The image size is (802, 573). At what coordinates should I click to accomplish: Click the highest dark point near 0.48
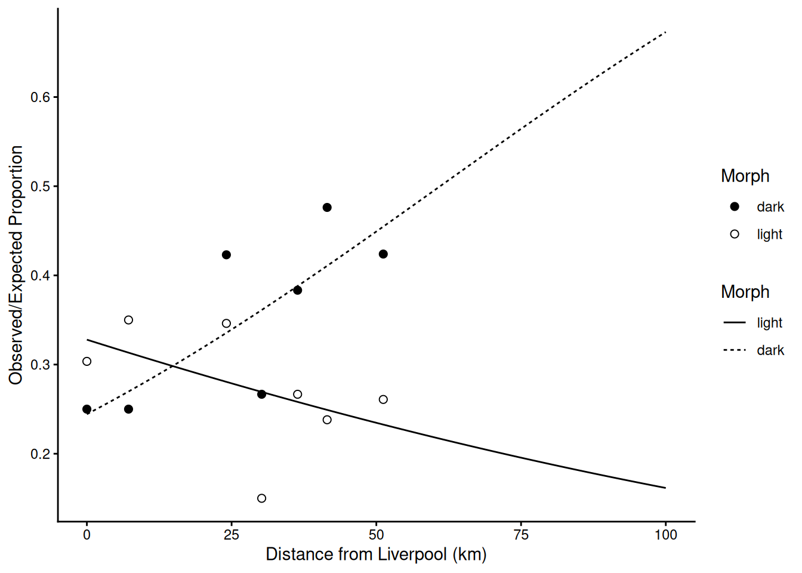tap(327, 208)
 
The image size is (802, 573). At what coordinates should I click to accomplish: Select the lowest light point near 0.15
tap(261, 498)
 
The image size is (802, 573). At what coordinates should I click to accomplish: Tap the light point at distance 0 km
tap(87, 361)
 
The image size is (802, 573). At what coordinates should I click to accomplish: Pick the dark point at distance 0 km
tap(87, 409)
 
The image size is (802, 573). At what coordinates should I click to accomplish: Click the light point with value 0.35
tap(128, 320)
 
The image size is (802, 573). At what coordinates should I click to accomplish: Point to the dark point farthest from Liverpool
tap(383, 254)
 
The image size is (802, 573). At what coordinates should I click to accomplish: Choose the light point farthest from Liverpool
tap(383, 399)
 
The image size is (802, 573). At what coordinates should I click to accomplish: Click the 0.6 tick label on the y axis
tap(41, 97)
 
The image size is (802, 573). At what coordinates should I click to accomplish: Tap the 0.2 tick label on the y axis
tap(41, 454)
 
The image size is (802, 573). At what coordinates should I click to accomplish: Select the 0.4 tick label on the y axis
tap(41, 276)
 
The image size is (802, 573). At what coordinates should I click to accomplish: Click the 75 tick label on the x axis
tap(521, 535)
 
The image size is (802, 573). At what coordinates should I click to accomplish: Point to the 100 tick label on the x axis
tap(665, 535)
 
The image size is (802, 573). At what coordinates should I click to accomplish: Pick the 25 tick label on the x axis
tap(232, 535)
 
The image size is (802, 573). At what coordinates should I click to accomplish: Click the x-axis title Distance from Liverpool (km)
tap(376, 554)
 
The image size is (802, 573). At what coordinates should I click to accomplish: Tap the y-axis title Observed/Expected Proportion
tap(16, 265)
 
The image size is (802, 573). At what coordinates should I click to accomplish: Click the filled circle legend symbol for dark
tap(735, 207)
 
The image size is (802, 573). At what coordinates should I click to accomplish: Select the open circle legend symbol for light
tap(735, 234)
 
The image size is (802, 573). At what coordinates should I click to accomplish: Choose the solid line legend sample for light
tap(735, 323)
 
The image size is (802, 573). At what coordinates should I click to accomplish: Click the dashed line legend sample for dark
tap(735, 350)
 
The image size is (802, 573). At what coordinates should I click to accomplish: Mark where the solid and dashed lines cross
tap(173, 365)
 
